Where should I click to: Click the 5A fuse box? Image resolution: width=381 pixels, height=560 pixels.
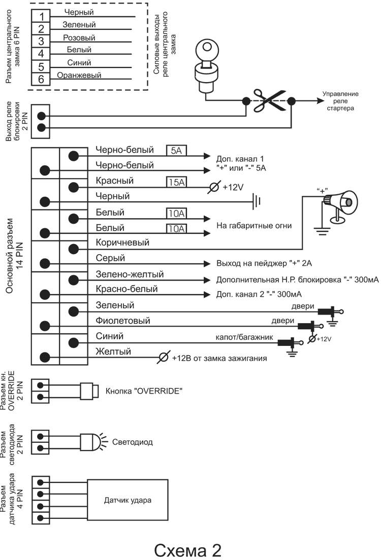click(x=176, y=150)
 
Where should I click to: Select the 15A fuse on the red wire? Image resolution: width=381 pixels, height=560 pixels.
click(x=176, y=181)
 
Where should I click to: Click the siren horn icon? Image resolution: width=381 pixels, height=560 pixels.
click(x=342, y=203)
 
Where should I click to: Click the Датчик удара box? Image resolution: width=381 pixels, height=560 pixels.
click(x=128, y=500)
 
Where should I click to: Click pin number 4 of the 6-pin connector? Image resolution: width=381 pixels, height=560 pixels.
click(x=41, y=53)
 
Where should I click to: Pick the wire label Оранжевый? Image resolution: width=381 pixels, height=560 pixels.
click(x=79, y=76)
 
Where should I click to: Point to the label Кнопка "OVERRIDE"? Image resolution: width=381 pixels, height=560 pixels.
click(x=143, y=392)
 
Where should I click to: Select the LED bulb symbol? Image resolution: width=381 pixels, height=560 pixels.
click(x=89, y=442)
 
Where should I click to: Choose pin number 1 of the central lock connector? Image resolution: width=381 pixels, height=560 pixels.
click(x=41, y=17)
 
